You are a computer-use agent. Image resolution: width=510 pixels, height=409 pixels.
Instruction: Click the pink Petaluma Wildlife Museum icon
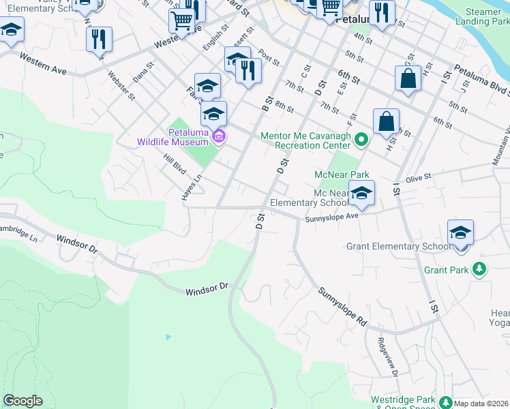218,137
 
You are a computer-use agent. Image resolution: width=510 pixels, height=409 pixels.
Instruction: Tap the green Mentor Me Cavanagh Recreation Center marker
362,140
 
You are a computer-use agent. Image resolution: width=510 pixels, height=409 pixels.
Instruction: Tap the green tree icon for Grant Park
480,269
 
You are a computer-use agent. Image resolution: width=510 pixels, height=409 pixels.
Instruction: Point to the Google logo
22,401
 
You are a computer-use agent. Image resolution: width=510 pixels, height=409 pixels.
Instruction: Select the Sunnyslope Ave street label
331,216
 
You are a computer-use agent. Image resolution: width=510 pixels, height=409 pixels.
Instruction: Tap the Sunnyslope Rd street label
342,304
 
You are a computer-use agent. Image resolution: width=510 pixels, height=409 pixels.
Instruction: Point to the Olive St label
419,178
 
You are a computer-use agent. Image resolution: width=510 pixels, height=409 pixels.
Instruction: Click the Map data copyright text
481,404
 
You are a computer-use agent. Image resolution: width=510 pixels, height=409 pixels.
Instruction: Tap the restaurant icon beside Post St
248,70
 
